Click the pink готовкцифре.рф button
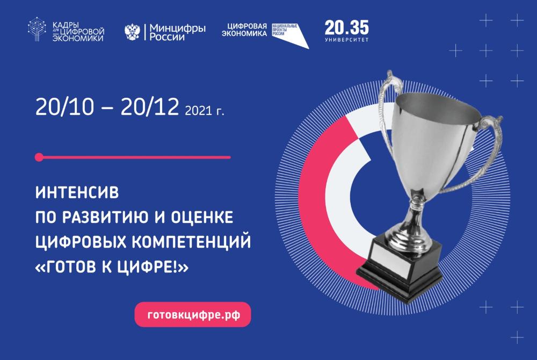pyautogui.click(x=192, y=314)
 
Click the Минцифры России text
pyautogui.click(x=177, y=33)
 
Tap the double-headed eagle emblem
pyautogui.click(x=132, y=33)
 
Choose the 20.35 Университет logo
pyautogui.click(x=346, y=31)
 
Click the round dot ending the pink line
pyautogui.click(x=38, y=157)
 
